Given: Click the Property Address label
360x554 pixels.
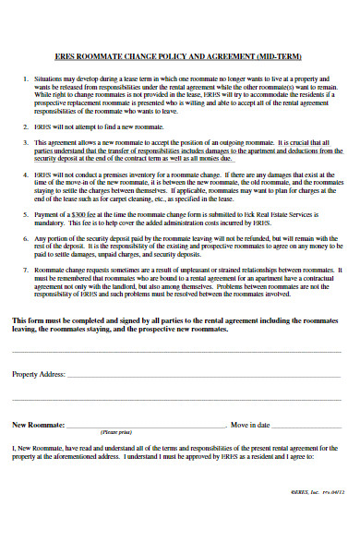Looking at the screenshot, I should click(x=38, y=374).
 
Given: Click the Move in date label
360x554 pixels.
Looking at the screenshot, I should click(x=250, y=425).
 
